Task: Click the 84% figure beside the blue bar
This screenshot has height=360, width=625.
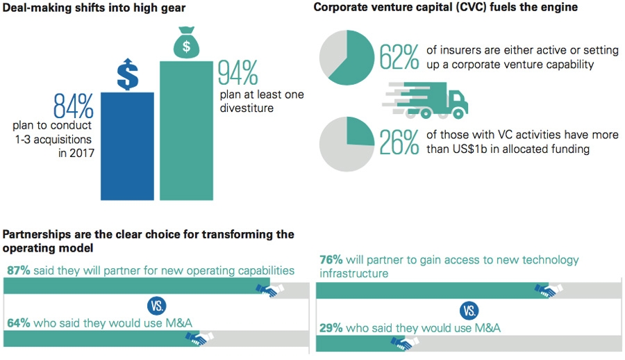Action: (x=73, y=105)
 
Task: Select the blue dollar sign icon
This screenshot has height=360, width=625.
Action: (x=127, y=74)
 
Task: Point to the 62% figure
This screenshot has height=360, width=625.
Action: (x=399, y=58)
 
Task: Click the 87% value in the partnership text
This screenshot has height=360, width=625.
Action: (x=17, y=270)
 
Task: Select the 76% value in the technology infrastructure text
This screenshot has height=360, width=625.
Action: (x=331, y=260)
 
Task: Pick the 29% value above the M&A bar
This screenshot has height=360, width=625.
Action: (x=331, y=328)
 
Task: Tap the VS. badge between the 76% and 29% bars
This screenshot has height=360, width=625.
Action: (x=469, y=310)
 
